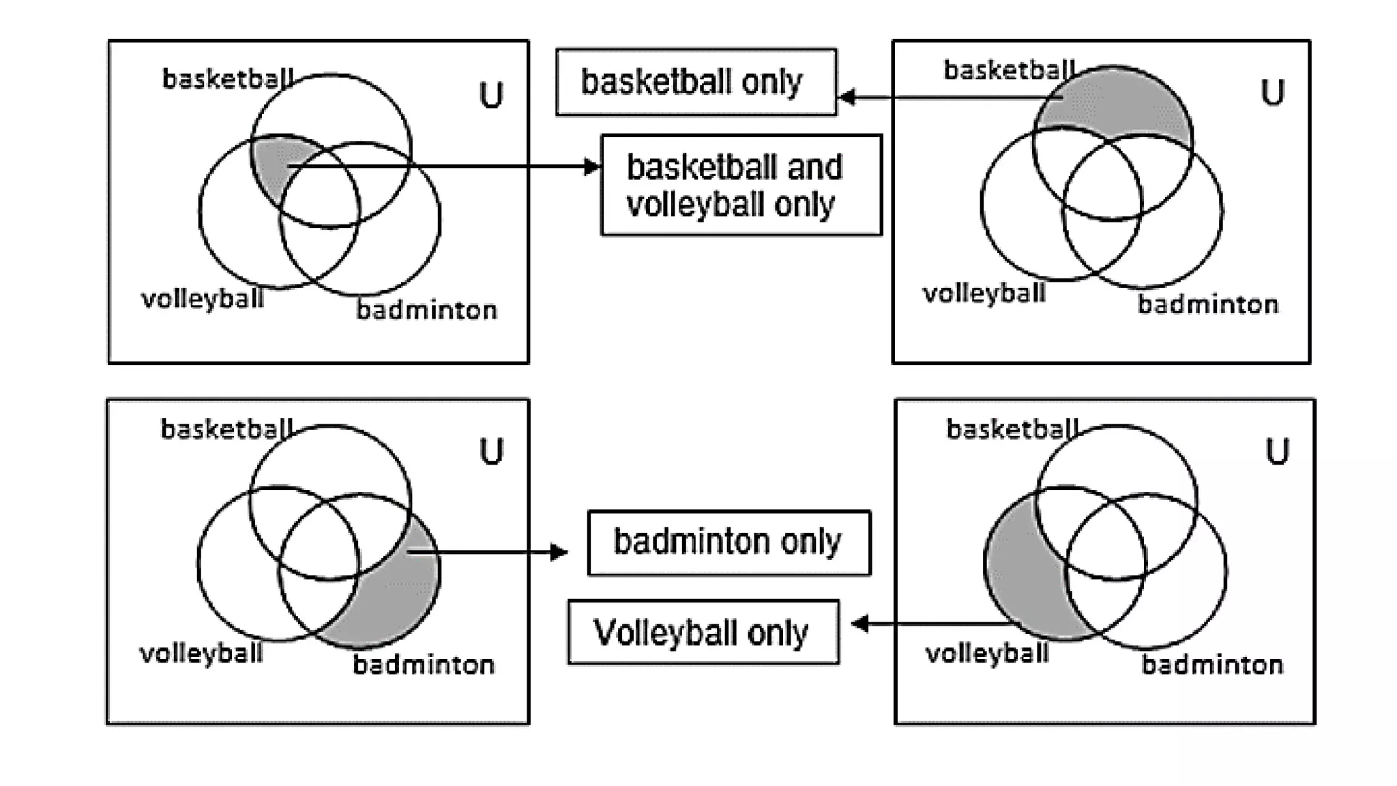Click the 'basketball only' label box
[x=696, y=82]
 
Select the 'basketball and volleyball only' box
[x=741, y=186]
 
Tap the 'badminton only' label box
[x=729, y=542]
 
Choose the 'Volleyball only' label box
[x=703, y=632]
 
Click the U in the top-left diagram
[x=491, y=96]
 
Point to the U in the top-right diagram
[x=1272, y=93]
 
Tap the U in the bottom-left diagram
[x=491, y=452]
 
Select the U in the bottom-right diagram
[x=1277, y=452]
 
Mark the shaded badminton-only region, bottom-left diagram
[x=396, y=600]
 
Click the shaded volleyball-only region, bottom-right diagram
[x=1023, y=573]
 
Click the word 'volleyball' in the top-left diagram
[x=202, y=299]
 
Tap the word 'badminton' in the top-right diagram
[x=1207, y=304]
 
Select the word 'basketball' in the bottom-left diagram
[x=226, y=429]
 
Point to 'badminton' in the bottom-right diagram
[x=1212, y=665]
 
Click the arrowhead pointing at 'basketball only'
[x=847, y=97]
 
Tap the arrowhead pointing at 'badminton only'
[x=559, y=551]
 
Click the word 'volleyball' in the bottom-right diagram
[x=986, y=654]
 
